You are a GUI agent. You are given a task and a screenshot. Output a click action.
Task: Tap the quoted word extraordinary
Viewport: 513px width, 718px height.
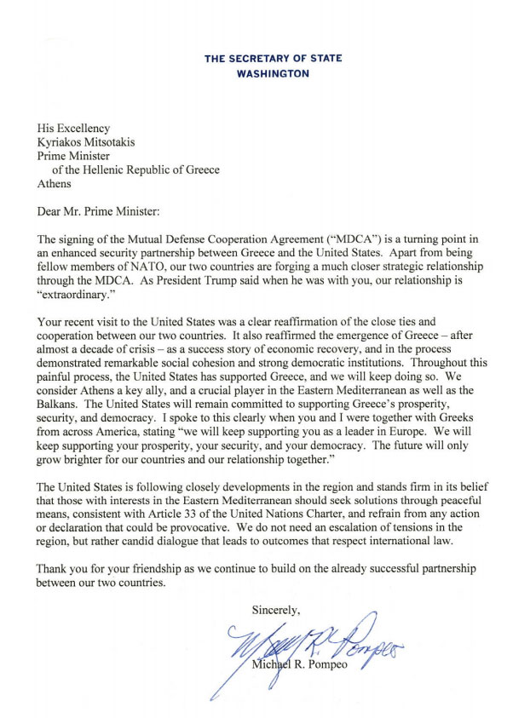[78, 292]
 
